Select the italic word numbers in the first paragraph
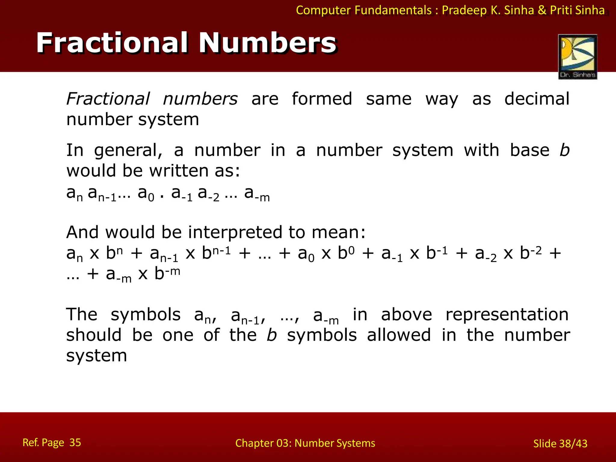point(200,99)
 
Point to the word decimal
point(537,99)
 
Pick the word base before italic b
point(530,150)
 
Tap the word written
point(179,171)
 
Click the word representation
point(507,315)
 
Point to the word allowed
point(399,335)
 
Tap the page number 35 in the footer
point(75,442)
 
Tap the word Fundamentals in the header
point(393,10)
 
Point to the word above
point(406,315)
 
